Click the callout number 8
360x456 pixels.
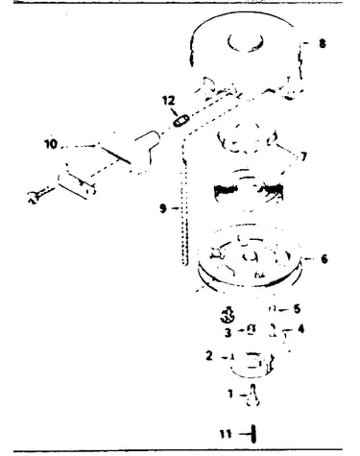323,43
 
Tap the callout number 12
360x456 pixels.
169,100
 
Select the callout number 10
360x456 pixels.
51,144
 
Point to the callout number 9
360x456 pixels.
163,208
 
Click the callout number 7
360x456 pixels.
303,156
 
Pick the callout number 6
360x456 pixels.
324,258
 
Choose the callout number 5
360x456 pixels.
297,309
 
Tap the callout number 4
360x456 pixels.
300,328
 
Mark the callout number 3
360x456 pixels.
228,332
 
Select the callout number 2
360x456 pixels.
209,355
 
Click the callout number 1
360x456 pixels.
230,394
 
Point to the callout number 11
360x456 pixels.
226,434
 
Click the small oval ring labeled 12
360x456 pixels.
181,121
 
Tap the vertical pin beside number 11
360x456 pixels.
253,434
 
